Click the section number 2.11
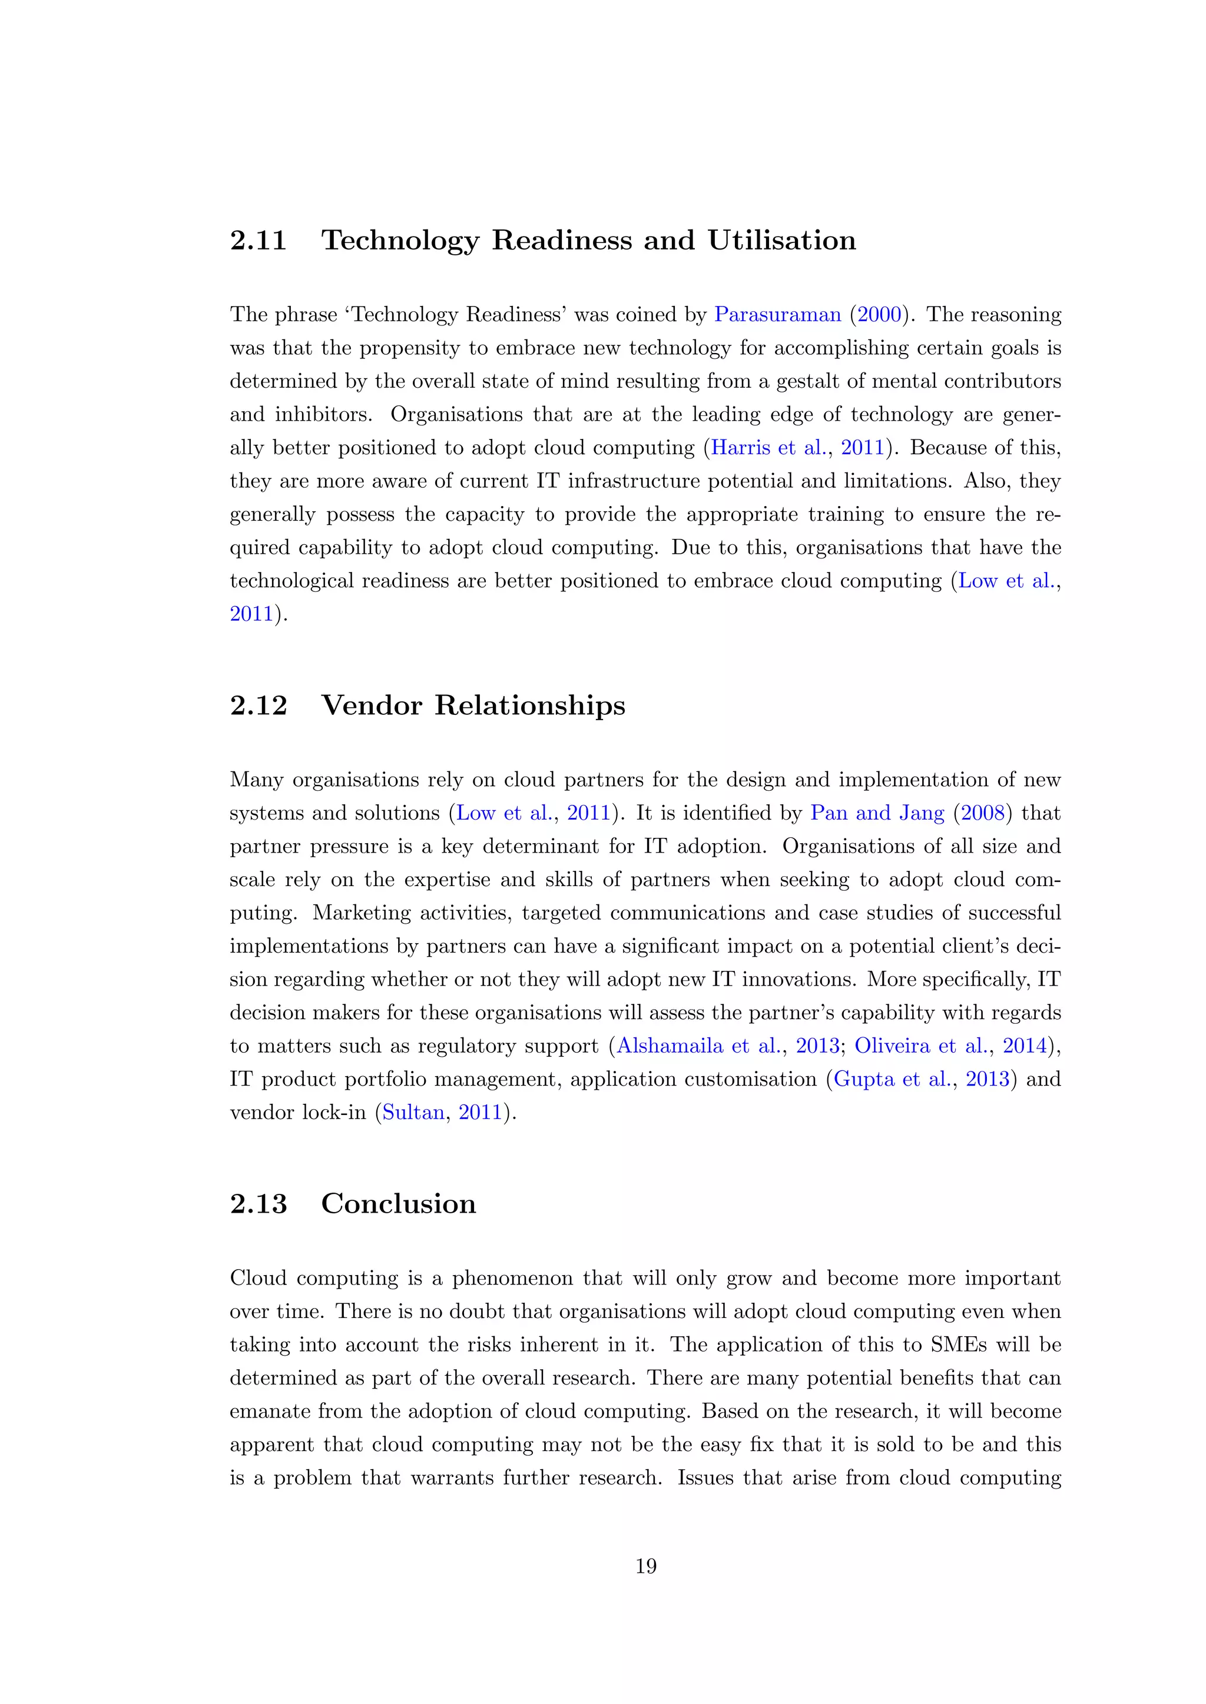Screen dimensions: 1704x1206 coord(258,241)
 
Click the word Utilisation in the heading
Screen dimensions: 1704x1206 coord(781,241)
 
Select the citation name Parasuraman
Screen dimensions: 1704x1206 coord(777,315)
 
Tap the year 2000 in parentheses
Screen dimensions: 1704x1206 coord(879,315)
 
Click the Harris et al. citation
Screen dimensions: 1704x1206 coord(768,448)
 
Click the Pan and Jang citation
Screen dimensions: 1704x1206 coord(877,813)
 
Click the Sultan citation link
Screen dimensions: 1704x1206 coord(413,1113)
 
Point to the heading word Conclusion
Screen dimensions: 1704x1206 coord(398,1204)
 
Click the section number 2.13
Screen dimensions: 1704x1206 coord(258,1204)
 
